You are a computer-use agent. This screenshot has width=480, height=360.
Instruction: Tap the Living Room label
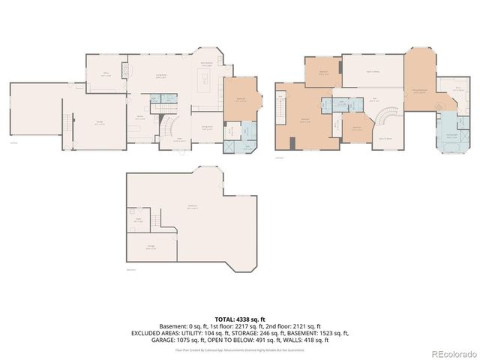coord(160,76)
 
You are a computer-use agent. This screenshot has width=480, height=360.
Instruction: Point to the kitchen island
coord(203,78)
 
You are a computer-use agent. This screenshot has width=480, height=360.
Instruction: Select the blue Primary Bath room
coord(451,132)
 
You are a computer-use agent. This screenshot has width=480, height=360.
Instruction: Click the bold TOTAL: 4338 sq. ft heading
coord(240,319)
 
